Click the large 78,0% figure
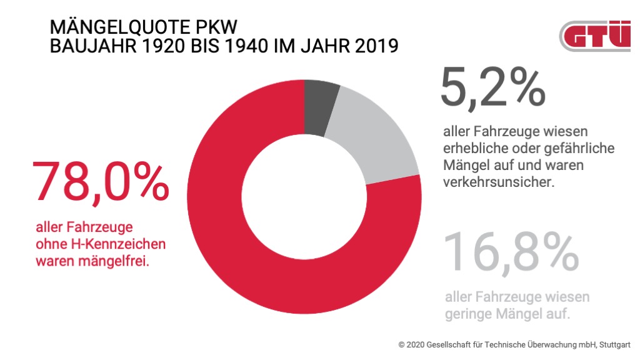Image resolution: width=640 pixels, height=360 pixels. pos(100,183)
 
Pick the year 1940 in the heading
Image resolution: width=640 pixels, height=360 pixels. pos(261,46)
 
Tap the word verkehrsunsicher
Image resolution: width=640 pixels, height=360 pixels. pos(497,184)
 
